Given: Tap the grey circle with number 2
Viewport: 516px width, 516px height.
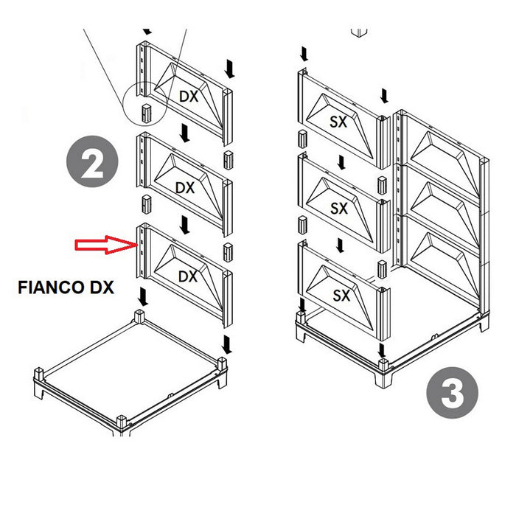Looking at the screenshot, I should click(92, 167).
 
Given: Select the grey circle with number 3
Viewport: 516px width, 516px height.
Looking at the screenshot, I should click(452, 396).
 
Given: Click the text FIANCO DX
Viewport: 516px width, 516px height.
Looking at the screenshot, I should click(66, 288).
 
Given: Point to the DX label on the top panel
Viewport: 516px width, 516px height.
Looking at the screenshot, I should click(189, 97).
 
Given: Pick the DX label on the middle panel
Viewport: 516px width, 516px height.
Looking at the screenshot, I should click(185, 188).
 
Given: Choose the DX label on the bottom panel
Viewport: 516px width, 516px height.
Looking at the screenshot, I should click(189, 276).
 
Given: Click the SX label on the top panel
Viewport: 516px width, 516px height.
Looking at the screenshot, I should click(339, 120).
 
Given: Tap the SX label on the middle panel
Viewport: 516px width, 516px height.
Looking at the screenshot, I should click(339, 209).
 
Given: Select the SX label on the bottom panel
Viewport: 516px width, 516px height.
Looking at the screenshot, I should click(341, 296).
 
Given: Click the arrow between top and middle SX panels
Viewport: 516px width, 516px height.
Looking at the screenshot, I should click(340, 161).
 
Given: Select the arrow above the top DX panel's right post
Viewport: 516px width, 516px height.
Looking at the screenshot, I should click(229, 69).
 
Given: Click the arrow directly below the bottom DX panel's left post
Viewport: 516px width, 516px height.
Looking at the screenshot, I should click(142, 297).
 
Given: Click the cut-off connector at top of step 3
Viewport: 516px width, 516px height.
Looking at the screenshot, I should click(359, 32).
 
